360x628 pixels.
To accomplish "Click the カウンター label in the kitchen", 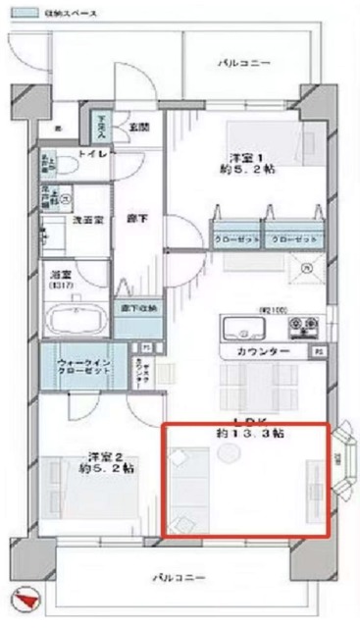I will (x=262, y=350).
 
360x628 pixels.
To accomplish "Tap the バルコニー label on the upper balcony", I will (x=243, y=63).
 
